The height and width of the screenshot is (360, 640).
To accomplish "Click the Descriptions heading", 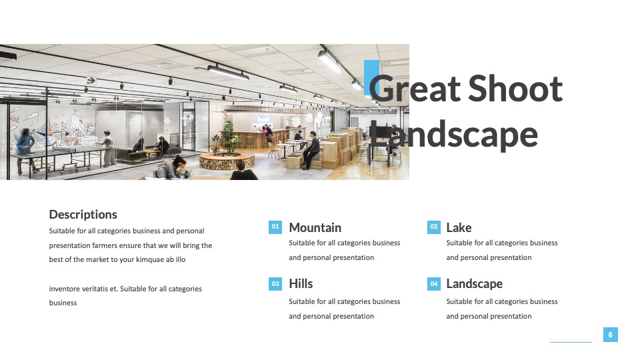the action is point(83,214).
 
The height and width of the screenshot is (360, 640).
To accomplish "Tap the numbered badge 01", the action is point(275,227).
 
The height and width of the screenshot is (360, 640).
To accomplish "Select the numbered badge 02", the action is point(434,227).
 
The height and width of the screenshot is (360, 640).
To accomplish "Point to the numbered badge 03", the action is point(275,284).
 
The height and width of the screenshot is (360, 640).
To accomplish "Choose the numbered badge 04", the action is point(434,284).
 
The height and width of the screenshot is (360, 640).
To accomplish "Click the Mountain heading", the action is point(315,227).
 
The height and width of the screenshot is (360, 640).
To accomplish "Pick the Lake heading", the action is point(459,227).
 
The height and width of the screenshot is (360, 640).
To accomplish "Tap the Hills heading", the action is point(301,283).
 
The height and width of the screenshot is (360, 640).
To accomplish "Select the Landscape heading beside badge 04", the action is point(474,284).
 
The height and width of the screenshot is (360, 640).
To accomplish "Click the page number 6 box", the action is point(611,335).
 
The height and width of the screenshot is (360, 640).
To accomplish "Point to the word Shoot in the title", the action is point(515,88).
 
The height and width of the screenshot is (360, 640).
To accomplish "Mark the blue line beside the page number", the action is point(571,342).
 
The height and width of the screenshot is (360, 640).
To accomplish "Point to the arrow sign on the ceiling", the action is point(91,81).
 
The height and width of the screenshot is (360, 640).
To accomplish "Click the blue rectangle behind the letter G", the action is point(371,78).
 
